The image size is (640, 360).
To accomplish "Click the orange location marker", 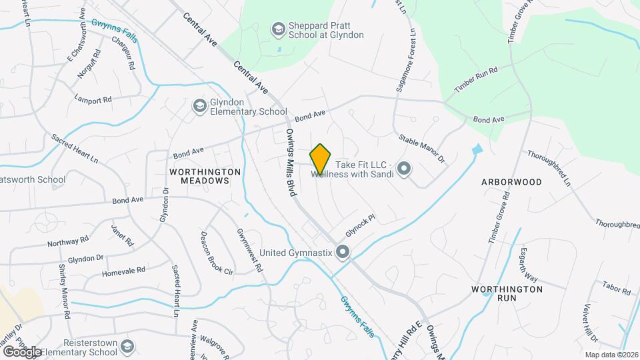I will point(320,159).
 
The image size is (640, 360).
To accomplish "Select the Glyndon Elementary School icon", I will point(199,106).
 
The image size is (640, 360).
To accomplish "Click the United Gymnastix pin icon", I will point(343,252).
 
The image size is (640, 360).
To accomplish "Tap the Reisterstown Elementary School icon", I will point(127,347).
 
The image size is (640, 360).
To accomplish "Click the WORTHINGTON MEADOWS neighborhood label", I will point(205,176).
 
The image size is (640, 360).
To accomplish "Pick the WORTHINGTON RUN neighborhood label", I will point(507,293).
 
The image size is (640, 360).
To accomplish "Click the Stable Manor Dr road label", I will point(421,149).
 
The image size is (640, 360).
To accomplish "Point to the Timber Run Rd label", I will point(476,80).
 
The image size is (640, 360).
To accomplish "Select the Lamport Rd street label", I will point(93,100).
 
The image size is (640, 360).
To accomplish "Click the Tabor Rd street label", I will point(616,287).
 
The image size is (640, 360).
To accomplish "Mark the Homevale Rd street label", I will point(123,272).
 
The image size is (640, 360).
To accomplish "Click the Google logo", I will point(23,351).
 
